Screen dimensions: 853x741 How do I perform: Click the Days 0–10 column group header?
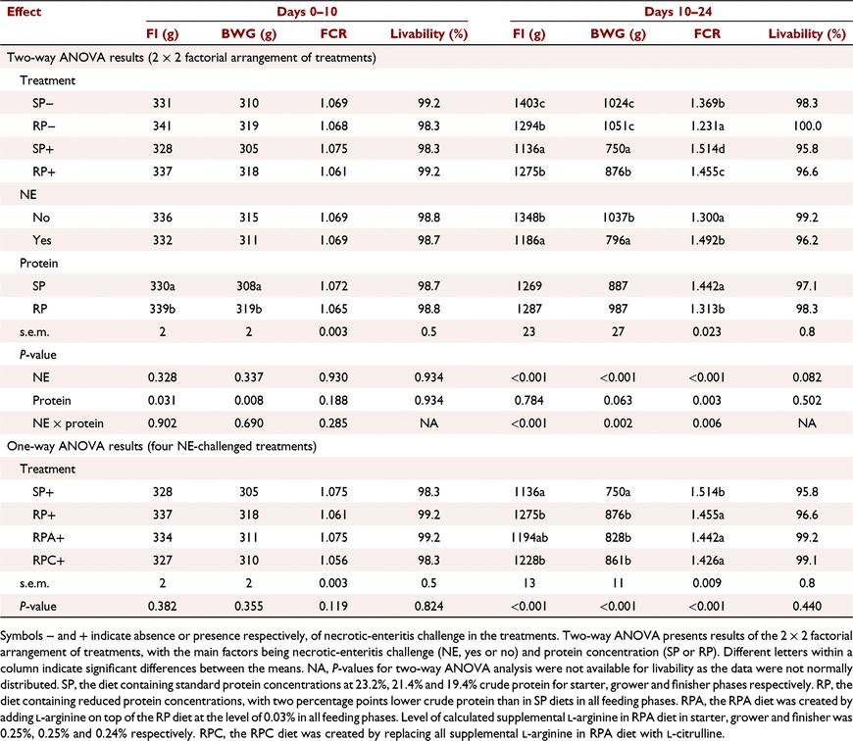coord(307,12)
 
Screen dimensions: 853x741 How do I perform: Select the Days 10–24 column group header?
coord(677,12)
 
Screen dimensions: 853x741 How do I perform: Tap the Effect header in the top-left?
coord(24,12)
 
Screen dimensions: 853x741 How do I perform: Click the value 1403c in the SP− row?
coord(528,103)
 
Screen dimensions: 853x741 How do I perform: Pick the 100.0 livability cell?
coord(807,126)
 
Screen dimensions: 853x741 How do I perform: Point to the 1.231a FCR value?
coord(707,126)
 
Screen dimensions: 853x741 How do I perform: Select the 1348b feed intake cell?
coord(528,218)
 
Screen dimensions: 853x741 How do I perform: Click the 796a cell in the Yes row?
coord(618,240)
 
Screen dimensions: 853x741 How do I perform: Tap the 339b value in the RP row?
coord(162,309)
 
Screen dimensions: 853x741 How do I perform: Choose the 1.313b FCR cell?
coord(707,309)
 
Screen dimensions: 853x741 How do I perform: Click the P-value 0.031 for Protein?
coord(162,401)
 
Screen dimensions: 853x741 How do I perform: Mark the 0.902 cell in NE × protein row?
coord(162,423)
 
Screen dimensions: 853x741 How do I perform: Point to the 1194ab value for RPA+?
coord(528,538)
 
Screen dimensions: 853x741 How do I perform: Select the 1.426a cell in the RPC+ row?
coord(707,561)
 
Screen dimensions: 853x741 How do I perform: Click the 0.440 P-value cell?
coord(807,606)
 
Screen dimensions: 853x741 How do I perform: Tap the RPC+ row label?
coord(48,561)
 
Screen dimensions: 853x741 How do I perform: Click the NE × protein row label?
coord(68,423)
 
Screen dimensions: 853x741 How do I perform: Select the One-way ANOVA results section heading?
coord(162,446)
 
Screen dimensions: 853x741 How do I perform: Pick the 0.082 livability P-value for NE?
coord(807,377)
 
